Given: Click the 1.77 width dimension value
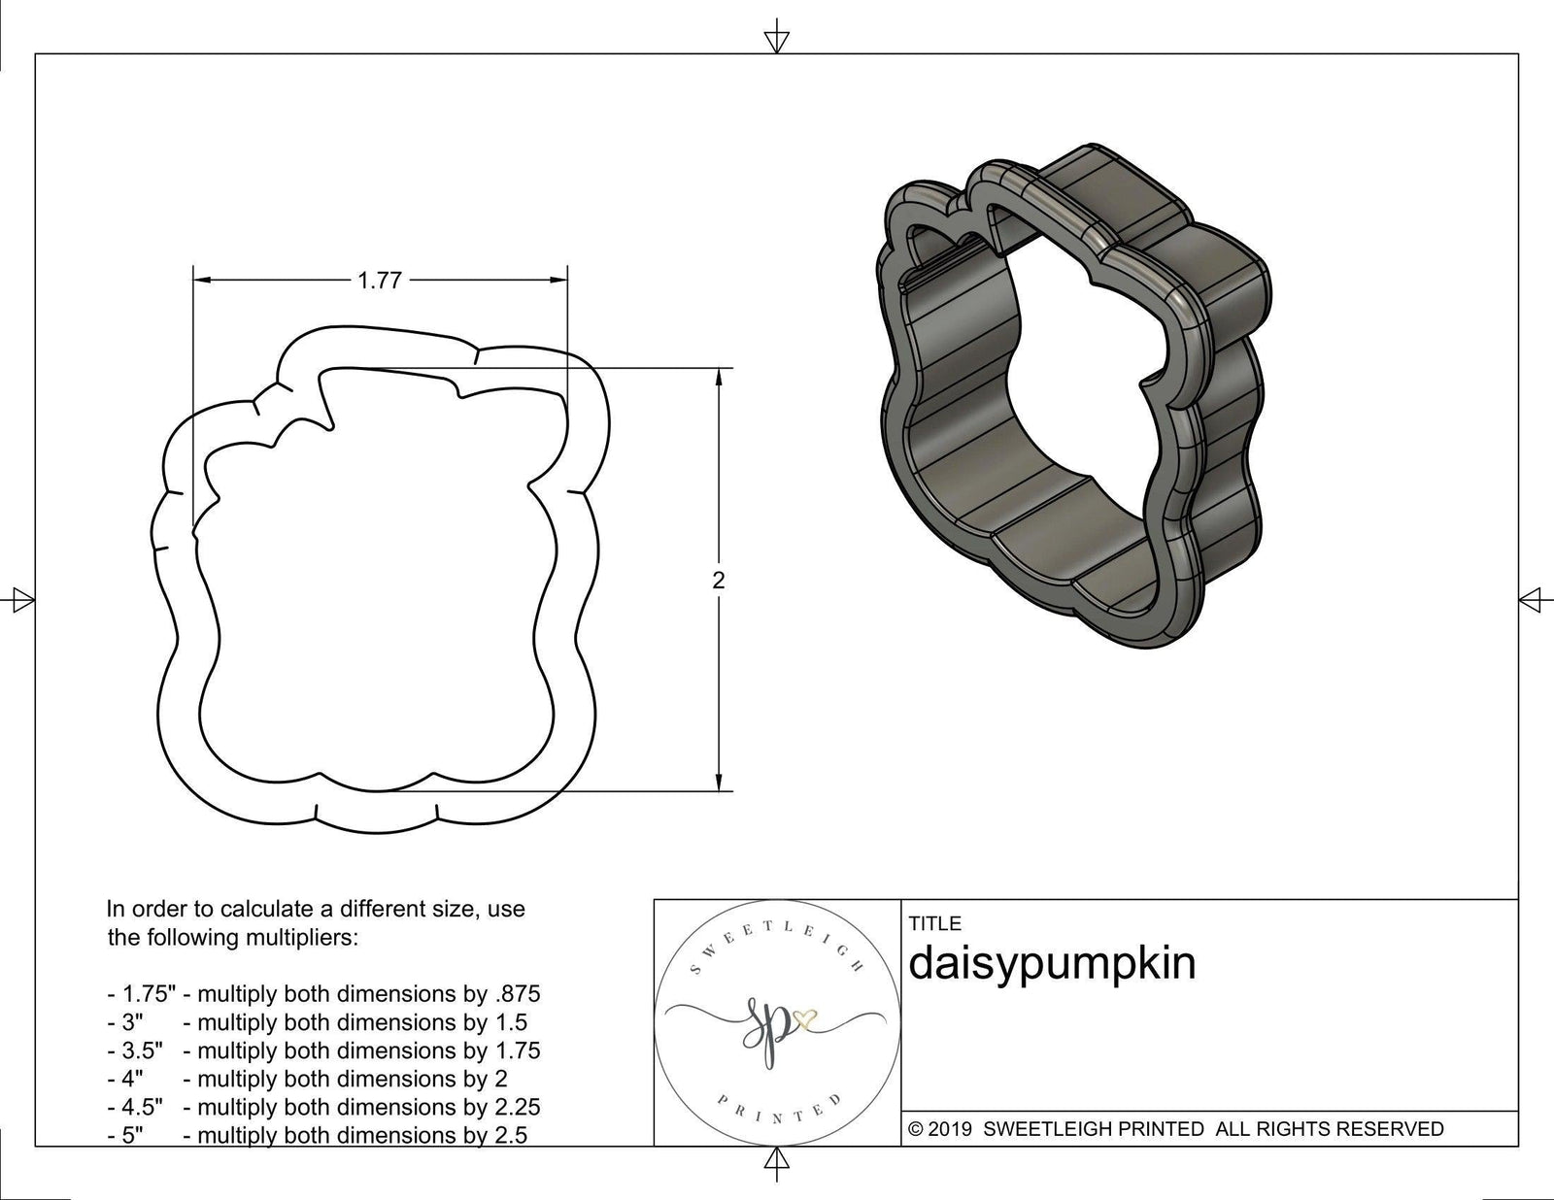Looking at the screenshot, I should [380, 281].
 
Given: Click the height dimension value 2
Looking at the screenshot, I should [718, 581].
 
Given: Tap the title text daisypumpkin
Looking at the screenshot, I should [1052, 964].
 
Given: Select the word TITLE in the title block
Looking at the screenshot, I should [934, 923].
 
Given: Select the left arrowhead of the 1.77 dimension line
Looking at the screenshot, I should [202, 281].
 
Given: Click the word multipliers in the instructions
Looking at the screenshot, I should [303, 938].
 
